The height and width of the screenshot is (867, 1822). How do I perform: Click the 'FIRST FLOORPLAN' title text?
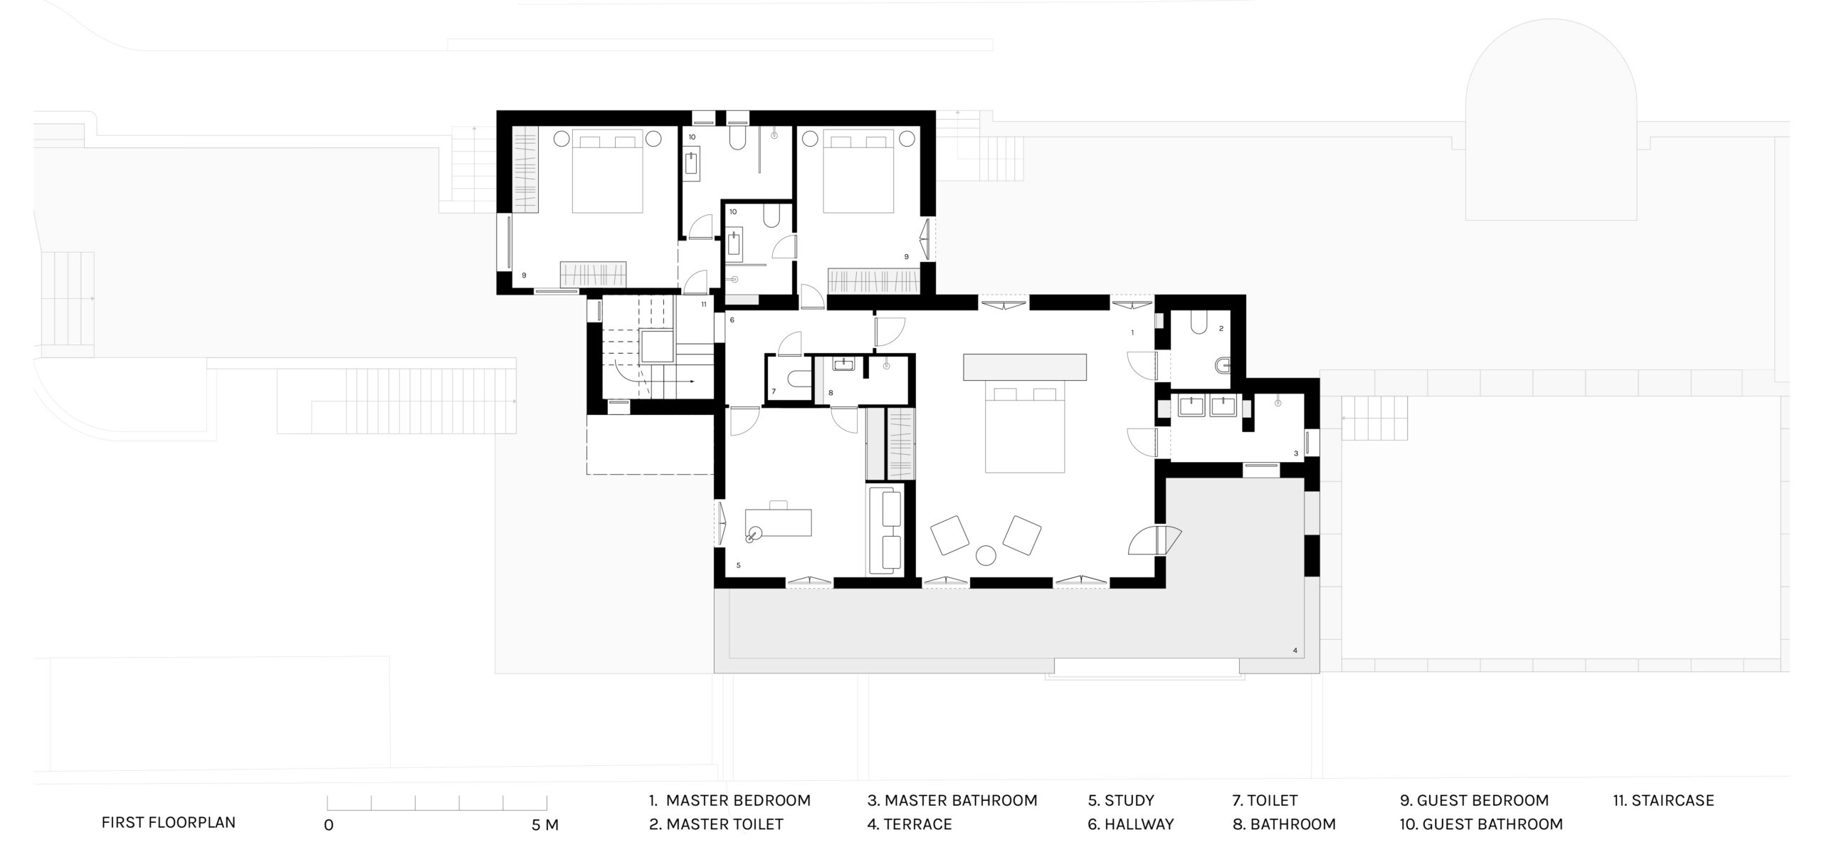(x=168, y=822)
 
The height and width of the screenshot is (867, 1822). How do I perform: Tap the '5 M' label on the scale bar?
(x=545, y=825)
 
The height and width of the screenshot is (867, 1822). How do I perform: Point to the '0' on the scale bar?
(x=328, y=825)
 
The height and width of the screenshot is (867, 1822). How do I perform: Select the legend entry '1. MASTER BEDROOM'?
(x=730, y=800)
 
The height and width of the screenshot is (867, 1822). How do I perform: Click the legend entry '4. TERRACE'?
(x=910, y=824)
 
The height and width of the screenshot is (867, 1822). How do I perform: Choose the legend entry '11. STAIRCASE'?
(x=1663, y=800)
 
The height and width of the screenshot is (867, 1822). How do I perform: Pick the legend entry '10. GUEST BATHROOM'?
(x=1481, y=824)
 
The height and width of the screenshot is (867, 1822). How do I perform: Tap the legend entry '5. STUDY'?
(x=1121, y=800)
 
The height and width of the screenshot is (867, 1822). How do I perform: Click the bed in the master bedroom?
(x=1025, y=428)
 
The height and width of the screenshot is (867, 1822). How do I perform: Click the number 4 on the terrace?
(x=1295, y=650)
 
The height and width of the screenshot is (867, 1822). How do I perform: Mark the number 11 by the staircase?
(x=703, y=304)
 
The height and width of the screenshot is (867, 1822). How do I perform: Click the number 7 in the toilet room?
(x=774, y=392)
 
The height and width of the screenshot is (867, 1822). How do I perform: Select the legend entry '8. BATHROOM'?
(x=1284, y=824)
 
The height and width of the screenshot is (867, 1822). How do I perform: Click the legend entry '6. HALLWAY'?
(x=1131, y=824)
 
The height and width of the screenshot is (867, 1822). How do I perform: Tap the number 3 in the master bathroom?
(x=1296, y=453)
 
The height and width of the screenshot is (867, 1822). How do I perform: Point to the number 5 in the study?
(x=739, y=565)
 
